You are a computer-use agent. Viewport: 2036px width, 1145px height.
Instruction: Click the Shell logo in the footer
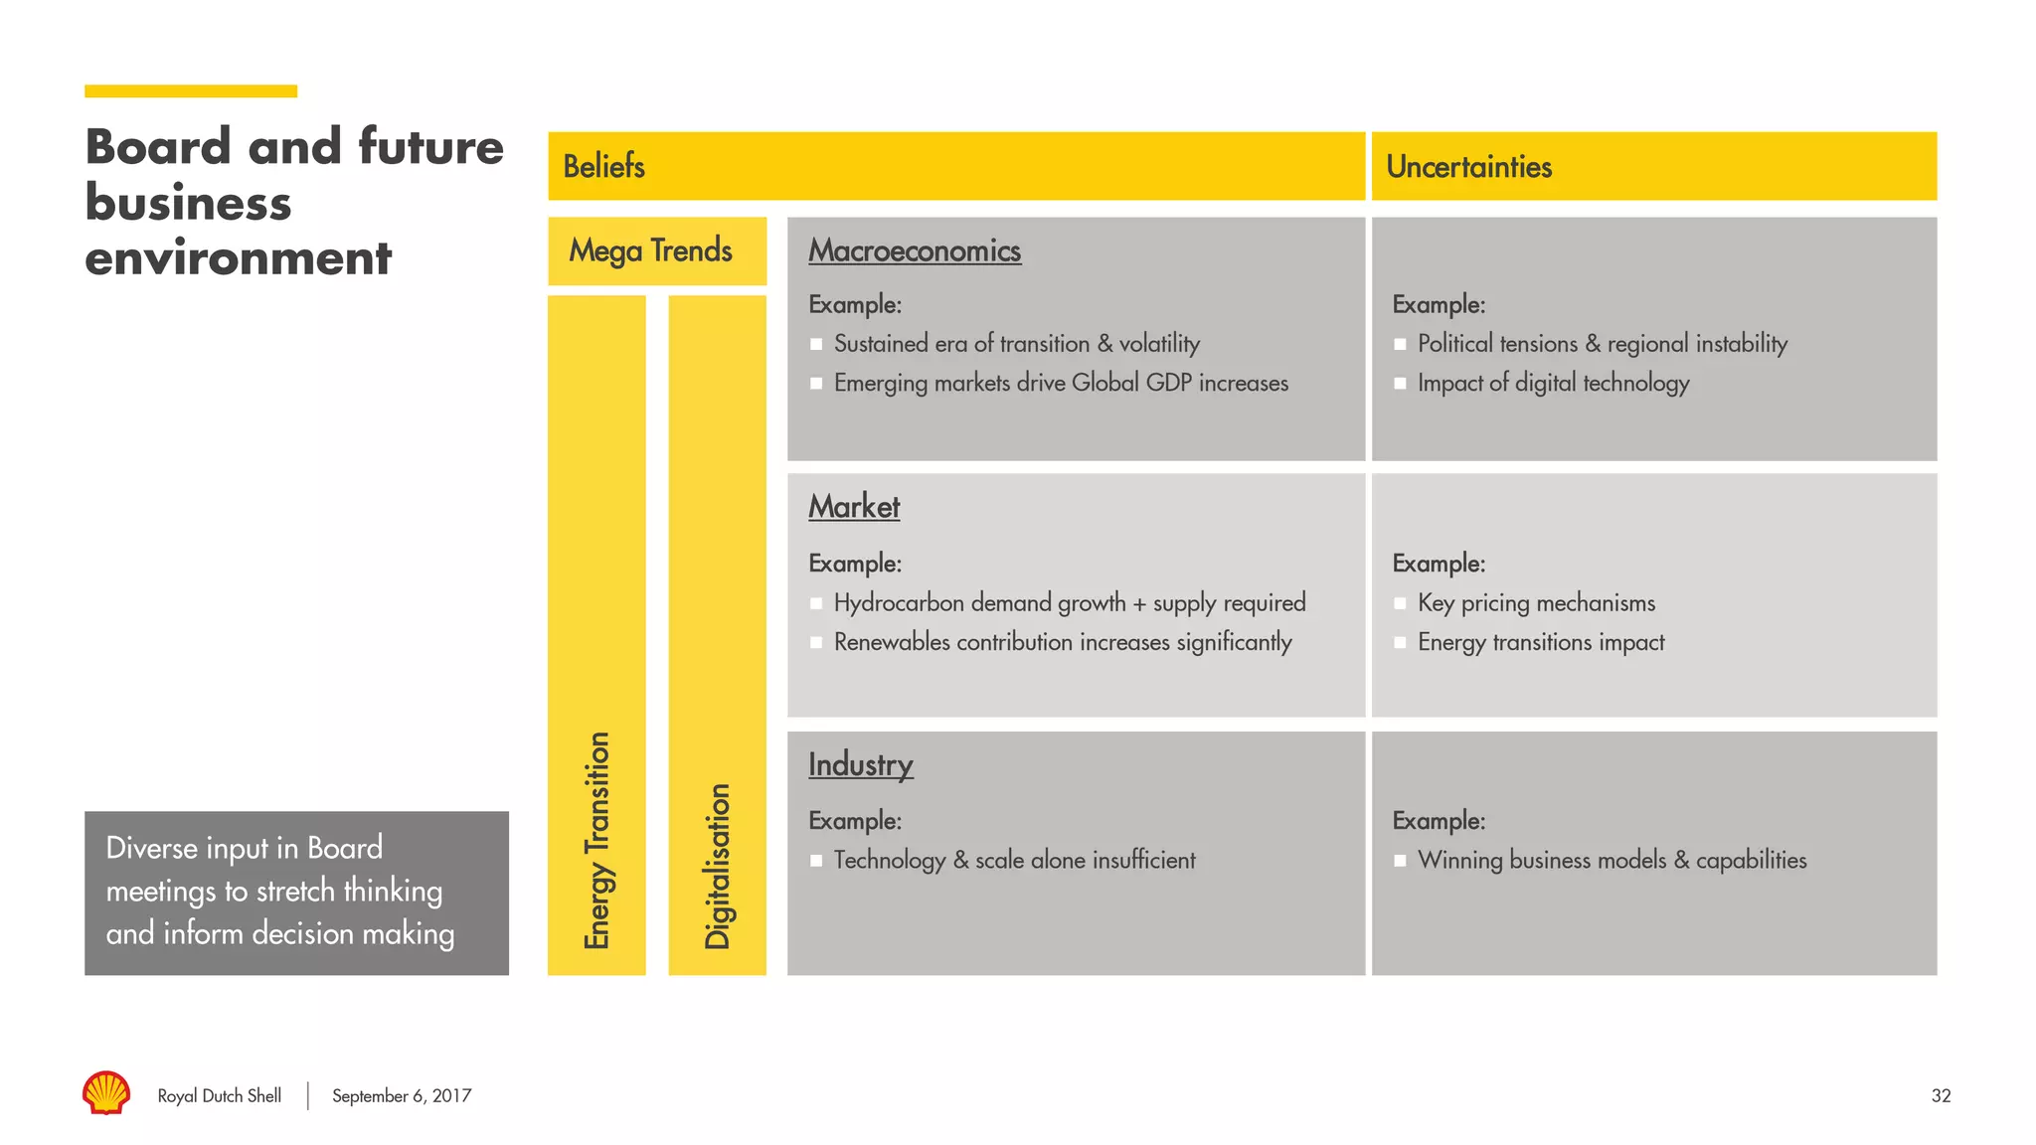click(106, 1092)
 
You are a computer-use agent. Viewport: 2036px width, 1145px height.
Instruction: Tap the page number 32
click(1941, 1095)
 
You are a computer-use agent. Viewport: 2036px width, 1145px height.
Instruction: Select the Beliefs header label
click(603, 166)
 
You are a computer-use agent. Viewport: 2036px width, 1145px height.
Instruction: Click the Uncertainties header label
click(1468, 166)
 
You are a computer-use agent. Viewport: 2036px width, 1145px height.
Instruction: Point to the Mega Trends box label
click(650, 250)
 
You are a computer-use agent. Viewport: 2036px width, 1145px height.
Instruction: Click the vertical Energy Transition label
click(596, 840)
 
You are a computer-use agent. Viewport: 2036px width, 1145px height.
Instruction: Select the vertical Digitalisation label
click(717, 866)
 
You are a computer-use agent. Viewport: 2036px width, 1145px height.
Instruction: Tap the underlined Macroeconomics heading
click(914, 250)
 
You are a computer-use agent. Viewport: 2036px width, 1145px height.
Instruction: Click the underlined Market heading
click(854, 507)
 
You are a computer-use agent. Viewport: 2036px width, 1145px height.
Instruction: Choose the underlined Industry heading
click(860, 764)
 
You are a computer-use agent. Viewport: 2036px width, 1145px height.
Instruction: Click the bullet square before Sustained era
click(816, 344)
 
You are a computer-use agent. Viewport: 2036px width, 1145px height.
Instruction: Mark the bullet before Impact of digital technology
click(1400, 384)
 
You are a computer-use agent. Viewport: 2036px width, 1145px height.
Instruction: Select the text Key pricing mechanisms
click(1536, 602)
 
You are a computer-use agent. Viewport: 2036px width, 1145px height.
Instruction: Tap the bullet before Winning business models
click(1400, 861)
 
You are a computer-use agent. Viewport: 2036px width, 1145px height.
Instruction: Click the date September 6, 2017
click(402, 1095)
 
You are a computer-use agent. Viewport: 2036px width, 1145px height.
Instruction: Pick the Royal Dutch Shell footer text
click(219, 1095)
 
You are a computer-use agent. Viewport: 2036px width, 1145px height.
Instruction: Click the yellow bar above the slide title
click(191, 91)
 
